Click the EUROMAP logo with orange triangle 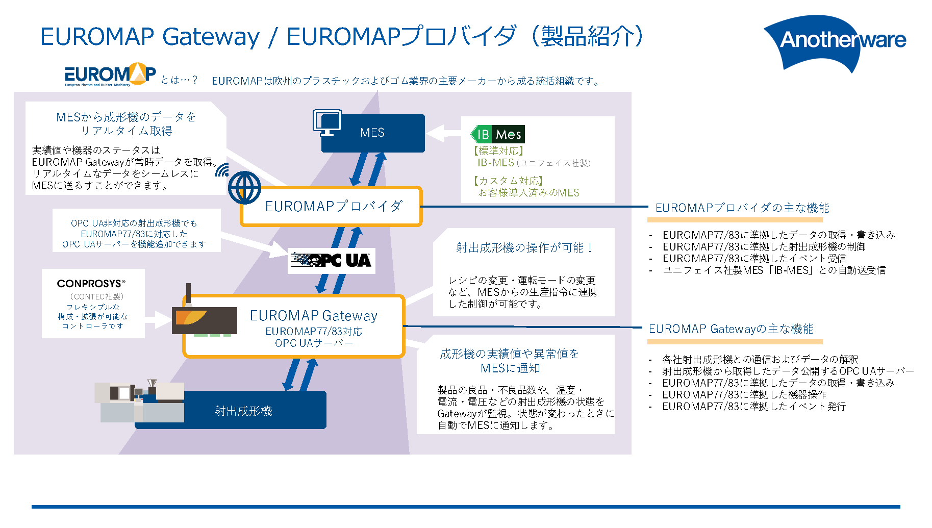click(110, 74)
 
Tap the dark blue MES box click(373, 133)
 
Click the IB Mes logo click(497, 134)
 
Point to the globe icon click(244, 187)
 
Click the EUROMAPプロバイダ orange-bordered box click(332, 207)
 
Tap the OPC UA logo click(332, 261)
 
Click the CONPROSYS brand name click(91, 284)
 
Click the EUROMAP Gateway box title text click(313, 316)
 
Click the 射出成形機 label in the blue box click(243, 411)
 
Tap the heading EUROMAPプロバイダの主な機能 click(742, 208)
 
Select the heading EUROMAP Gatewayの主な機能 click(731, 329)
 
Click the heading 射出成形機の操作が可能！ click(524, 248)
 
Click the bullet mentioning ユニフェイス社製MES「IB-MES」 click(773, 270)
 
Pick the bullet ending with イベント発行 click(753, 407)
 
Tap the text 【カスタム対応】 click(508, 181)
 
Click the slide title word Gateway click(211, 37)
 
